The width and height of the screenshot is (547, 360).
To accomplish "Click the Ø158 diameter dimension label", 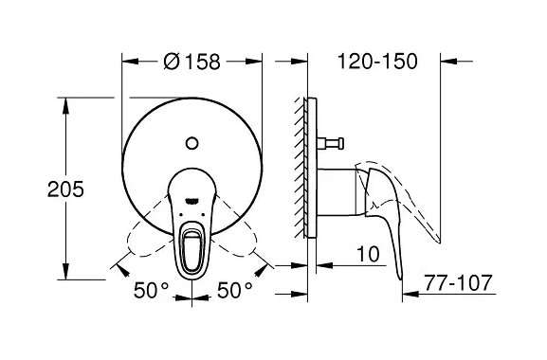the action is pyautogui.click(x=191, y=62).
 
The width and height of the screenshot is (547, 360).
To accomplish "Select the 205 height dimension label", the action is pyautogui.click(x=66, y=189).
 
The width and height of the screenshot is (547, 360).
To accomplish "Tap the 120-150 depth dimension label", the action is pyautogui.click(x=377, y=62).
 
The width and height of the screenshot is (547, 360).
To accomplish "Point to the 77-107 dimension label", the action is pyautogui.click(x=458, y=282).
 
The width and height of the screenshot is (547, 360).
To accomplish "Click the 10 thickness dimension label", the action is pyautogui.click(x=368, y=254).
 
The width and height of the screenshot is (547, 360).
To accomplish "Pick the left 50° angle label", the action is pyautogui.click(x=151, y=290).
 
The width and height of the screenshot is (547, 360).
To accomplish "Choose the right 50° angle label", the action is pyautogui.click(x=234, y=290).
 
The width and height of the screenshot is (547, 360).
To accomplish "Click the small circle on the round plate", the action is pyautogui.click(x=191, y=143).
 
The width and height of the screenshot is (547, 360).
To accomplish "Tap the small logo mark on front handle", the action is pyautogui.click(x=191, y=201).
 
